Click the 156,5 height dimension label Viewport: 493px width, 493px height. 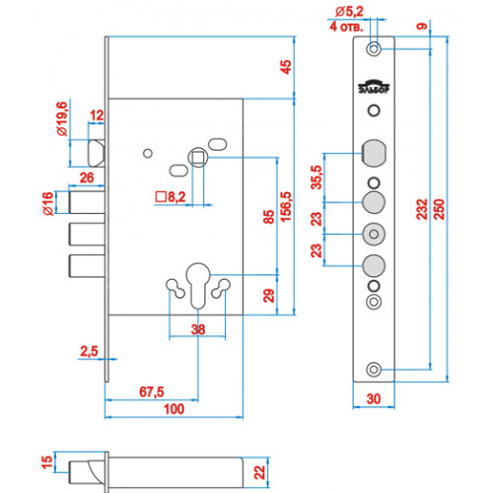coord(286,207)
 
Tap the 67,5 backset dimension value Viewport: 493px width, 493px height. coord(152,391)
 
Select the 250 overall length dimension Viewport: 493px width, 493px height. coord(439,209)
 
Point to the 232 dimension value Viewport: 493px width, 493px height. coord(422,209)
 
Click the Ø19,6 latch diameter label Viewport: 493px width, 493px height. coord(62,118)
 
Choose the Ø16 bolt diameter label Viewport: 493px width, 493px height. coord(48,204)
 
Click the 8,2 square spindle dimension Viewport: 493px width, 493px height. coord(171,197)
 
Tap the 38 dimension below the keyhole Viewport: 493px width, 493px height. coord(198,329)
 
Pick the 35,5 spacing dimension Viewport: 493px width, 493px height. coord(317,177)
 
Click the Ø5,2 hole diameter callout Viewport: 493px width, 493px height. coord(349,12)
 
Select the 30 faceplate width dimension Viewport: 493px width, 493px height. coord(374,399)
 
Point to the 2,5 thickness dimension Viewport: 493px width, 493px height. coord(89,351)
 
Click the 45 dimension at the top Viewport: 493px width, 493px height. coord(286,67)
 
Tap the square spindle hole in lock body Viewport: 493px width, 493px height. coord(197,158)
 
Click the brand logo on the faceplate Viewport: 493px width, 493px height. coord(374,87)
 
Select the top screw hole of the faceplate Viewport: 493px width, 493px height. coord(374,49)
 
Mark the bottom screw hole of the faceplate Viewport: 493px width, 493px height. coord(374,370)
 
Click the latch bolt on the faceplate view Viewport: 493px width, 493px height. coord(374,154)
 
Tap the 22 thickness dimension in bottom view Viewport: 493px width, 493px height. coord(259,472)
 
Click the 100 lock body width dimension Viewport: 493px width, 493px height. coord(174,409)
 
